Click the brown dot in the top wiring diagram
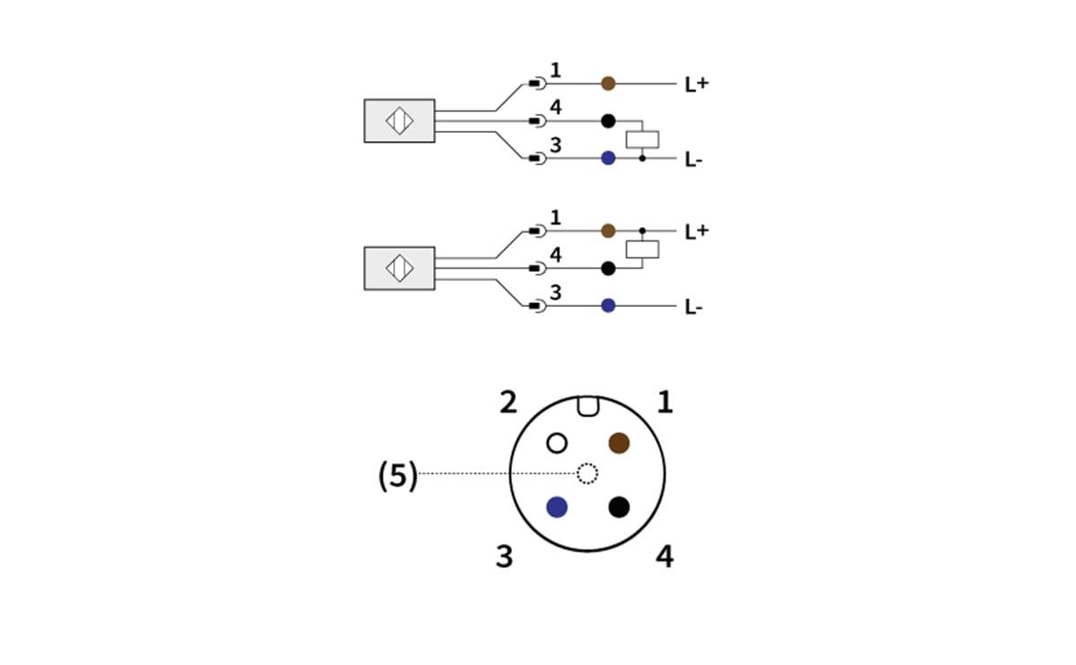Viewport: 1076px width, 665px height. [x=608, y=83]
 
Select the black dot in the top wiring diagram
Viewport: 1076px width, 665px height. [x=608, y=121]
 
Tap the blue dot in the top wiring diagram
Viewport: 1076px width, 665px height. [x=608, y=158]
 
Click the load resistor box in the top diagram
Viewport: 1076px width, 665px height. [x=642, y=139]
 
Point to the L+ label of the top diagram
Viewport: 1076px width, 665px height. [x=697, y=84]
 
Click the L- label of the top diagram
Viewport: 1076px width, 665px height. [x=693, y=160]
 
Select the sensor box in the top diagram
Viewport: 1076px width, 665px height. [x=399, y=120]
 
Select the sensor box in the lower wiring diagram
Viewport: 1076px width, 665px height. [x=399, y=267]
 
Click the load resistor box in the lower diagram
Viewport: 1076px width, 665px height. [x=642, y=249]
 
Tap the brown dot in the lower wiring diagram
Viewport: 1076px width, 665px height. [x=608, y=231]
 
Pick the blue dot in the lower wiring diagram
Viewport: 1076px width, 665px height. [x=608, y=305]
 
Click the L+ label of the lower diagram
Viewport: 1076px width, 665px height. [x=697, y=232]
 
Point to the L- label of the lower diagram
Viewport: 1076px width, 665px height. [x=693, y=307]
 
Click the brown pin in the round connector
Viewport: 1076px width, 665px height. [x=619, y=442]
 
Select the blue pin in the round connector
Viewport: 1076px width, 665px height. [x=557, y=507]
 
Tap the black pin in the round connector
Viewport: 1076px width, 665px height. [x=619, y=507]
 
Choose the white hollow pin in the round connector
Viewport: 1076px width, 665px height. [x=557, y=442]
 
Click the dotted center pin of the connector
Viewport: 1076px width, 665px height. [x=587, y=473]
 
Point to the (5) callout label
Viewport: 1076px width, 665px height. [x=398, y=477]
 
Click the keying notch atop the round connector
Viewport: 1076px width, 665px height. [x=587, y=407]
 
